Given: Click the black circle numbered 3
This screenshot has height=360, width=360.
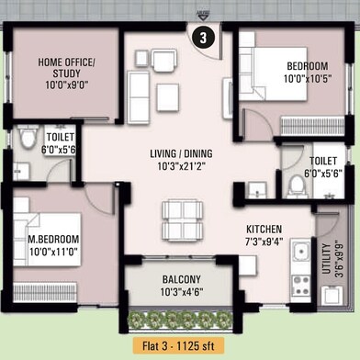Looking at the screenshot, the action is pos(203,38).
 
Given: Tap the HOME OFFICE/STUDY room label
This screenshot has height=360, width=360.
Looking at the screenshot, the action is pos(67,68).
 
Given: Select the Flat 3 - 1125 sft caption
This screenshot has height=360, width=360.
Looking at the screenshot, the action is pos(178,346).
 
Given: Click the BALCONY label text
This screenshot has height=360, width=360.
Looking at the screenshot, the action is pos(182,279).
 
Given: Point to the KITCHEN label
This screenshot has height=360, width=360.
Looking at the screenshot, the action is pos(264,229).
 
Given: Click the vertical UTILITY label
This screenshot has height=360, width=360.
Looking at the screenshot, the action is pos(327,259).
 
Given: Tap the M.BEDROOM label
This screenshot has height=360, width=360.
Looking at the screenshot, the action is pos(53,239).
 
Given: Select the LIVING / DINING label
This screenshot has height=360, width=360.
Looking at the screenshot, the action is pos(181,153).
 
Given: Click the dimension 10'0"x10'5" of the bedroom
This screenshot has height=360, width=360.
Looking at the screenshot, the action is pos(308,79).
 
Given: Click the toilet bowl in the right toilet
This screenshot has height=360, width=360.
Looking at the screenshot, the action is pos(297,186).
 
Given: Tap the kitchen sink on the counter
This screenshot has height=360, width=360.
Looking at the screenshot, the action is pos(300,250).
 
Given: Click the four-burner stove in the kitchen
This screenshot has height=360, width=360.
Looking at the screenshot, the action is pos(301,286).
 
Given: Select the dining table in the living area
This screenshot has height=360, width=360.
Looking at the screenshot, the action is pos(182,220).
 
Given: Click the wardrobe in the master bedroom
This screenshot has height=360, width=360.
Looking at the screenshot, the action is pos(45,292).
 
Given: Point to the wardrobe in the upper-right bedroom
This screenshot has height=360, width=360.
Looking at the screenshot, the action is pos(312,126).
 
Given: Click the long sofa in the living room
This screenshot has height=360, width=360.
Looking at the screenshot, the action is pos(139,97).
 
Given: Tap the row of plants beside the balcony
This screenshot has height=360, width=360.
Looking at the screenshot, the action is pos(180,320).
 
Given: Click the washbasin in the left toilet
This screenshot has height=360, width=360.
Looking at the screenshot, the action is pos(21,171).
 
